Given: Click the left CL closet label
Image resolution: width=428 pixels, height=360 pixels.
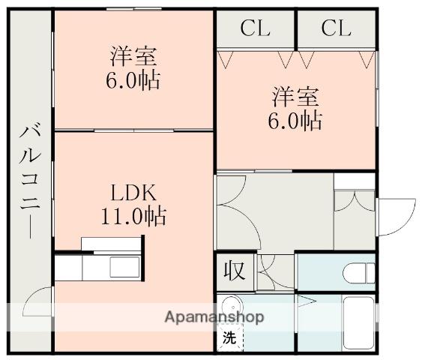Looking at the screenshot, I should [x=256, y=28].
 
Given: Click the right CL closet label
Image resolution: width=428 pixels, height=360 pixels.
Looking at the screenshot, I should [x=336, y=28].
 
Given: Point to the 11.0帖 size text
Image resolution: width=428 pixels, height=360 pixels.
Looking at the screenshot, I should [x=134, y=217].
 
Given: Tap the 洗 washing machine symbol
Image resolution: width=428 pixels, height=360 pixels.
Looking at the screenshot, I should [x=229, y=338].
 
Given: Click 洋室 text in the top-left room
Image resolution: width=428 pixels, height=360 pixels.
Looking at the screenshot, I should [x=133, y=56].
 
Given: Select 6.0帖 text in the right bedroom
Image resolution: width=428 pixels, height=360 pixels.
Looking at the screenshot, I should [x=296, y=120].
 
